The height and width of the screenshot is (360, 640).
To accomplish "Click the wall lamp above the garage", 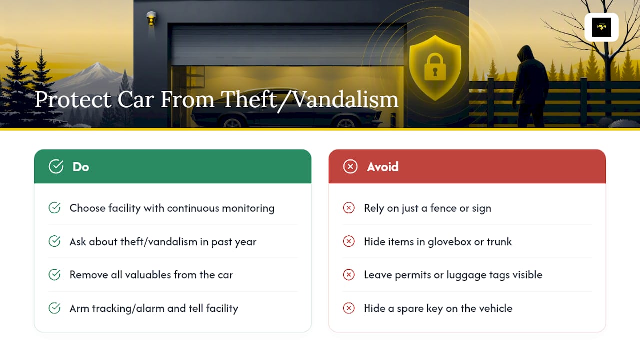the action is coord(151,19).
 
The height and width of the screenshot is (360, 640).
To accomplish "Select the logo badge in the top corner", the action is coord(601,27).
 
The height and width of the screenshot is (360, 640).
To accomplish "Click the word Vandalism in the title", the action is coord(346,100).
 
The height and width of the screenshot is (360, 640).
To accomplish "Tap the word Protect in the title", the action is coord(73,100).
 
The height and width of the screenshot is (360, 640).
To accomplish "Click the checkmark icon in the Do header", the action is coord(56,166).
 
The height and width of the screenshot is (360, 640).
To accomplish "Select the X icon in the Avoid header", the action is coord(350,166).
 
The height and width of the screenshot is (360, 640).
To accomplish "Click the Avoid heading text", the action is coord(383,167).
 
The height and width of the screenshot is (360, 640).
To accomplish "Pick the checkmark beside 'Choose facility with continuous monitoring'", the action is coord(54,208).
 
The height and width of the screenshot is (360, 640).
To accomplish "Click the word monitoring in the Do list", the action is coord(248,209).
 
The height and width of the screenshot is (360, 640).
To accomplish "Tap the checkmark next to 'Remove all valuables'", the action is coord(54,275).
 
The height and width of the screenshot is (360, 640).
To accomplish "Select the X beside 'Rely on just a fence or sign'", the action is coord(349,208).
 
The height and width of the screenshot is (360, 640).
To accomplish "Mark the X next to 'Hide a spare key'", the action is coord(349,308).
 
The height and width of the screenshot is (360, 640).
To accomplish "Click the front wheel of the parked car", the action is coord(346,123).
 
